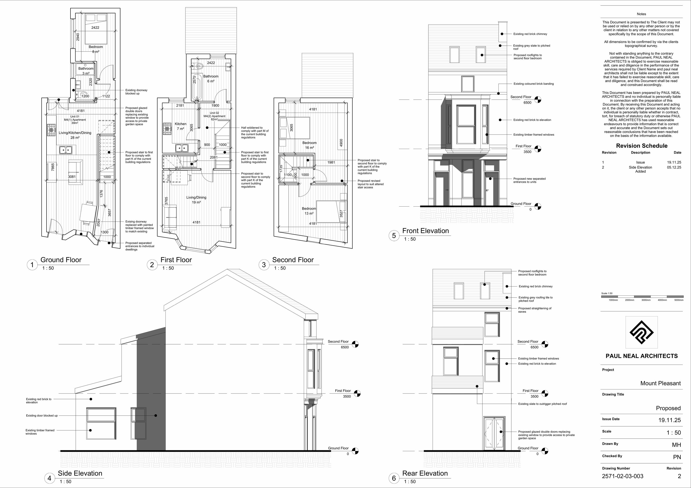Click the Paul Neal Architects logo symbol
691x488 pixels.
click(641, 332)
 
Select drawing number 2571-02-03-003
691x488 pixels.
click(622, 476)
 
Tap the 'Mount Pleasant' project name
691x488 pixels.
click(660, 383)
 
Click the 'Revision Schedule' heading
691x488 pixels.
click(642, 146)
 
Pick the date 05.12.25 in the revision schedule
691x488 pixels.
click(674, 167)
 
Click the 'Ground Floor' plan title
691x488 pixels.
click(61, 260)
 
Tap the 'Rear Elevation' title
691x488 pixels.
click(425, 473)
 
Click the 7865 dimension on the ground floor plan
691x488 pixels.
click(53, 167)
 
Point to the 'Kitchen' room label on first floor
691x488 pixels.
click(181, 124)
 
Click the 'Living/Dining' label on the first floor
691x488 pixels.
click(196, 197)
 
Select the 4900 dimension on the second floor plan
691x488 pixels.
click(341, 143)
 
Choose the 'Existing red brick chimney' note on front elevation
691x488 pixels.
click(530, 34)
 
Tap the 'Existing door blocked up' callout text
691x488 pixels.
click(42, 415)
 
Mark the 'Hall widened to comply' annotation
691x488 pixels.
click(255, 132)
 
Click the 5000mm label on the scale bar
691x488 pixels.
click(679, 300)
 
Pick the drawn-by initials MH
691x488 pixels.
click(676, 445)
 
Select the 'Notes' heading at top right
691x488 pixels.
click(641, 14)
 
